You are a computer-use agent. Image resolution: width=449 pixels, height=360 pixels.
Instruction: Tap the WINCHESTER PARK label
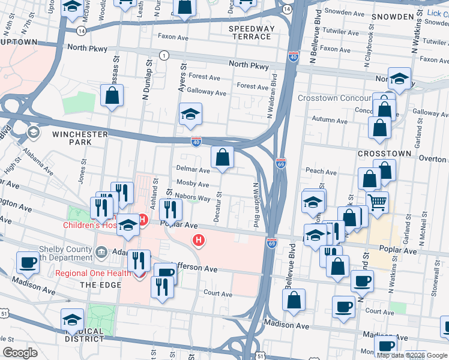80,138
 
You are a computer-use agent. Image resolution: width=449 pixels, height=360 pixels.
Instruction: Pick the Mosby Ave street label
193,184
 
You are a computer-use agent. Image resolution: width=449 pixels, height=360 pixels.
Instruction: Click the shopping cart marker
377,203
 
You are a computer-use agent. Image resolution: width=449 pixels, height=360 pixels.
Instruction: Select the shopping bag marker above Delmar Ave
223,158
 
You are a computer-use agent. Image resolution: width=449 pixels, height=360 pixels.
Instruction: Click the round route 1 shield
163,55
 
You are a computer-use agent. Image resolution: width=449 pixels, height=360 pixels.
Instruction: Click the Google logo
20,352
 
